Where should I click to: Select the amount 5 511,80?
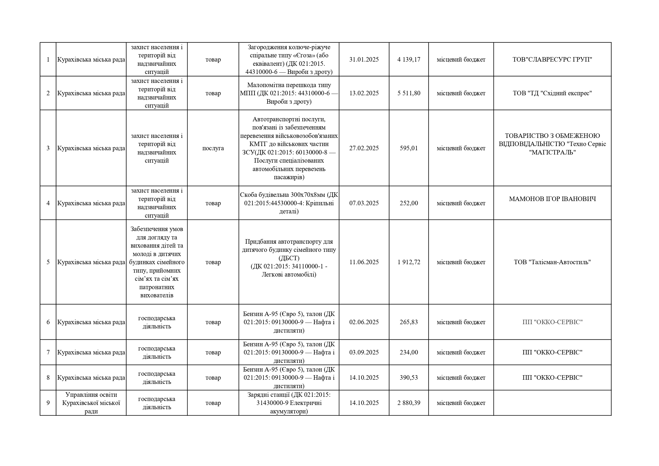coord(409,93)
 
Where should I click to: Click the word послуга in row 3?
coord(213,148)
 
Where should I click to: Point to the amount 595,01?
coord(409,148)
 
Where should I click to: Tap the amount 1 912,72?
coord(409,262)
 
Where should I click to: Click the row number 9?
coord(48,403)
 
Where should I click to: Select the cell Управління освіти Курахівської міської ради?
coord(91,403)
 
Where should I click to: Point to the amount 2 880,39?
coord(409,403)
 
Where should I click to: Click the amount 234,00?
coord(409,352)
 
